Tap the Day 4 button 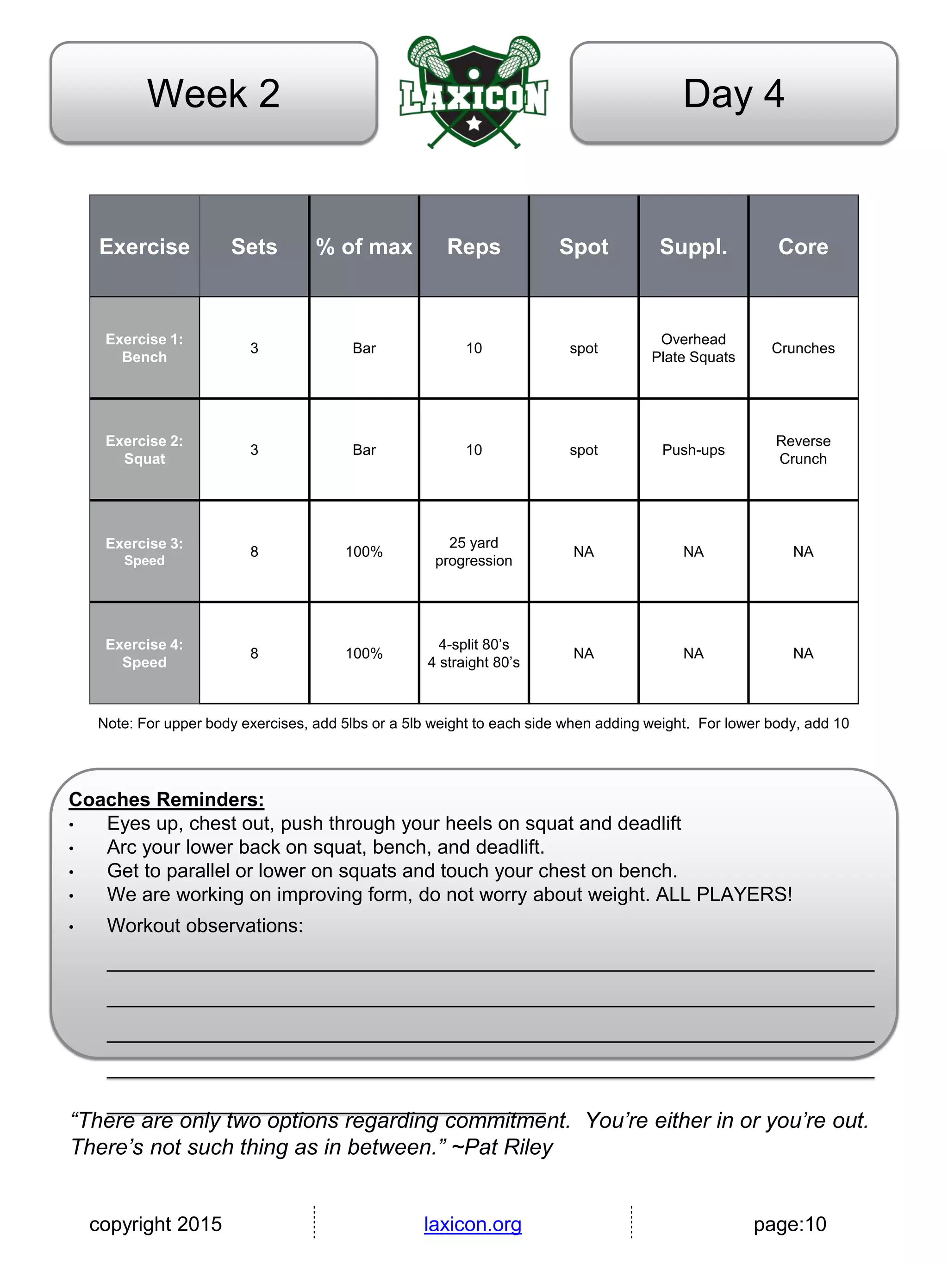(734, 93)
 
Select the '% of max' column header (364, 246)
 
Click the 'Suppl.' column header (693, 246)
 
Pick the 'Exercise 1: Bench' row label (144, 348)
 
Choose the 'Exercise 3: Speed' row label (144, 551)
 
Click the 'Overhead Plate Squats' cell (693, 348)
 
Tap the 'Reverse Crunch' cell (803, 449)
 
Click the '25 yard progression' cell (474, 551)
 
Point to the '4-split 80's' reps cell (474, 653)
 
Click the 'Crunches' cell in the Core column (803, 348)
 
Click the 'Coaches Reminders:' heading (166, 799)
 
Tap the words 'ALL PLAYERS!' (724, 894)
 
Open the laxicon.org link (473, 1224)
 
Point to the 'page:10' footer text (790, 1224)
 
